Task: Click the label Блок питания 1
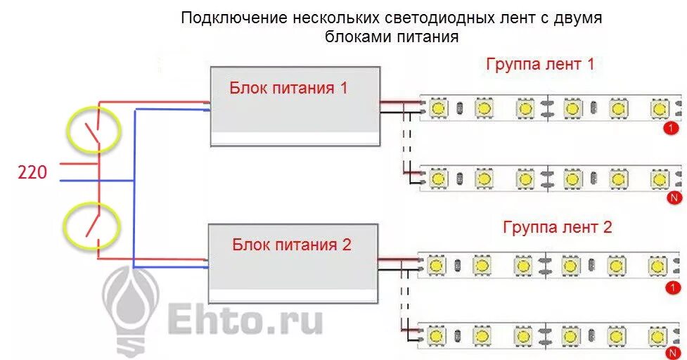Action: tap(288, 88)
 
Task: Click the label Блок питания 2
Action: tap(291, 245)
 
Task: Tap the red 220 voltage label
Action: tap(32, 172)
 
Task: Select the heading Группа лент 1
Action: tap(540, 65)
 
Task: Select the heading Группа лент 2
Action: tap(557, 227)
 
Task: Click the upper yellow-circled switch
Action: tap(93, 129)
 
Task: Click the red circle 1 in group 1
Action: tap(672, 129)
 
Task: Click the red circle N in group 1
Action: tap(674, 198)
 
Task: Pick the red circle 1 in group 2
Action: tap(672, 288)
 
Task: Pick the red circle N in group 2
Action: tap(673, 353)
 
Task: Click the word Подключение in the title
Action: tap(234, 18)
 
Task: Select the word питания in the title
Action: tap(428, 37)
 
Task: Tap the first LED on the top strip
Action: tap(437, 108)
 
